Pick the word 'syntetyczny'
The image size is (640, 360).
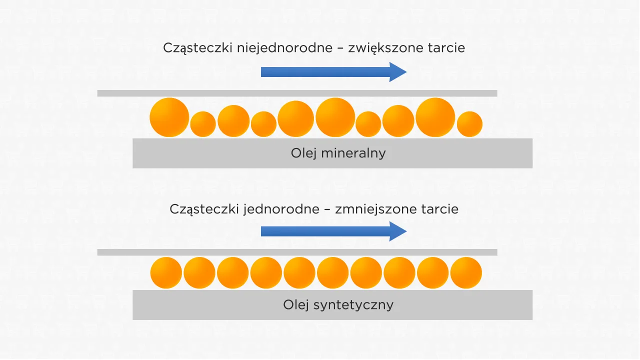click(x=353, y=304)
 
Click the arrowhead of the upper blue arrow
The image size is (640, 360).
click(x=398, y=72)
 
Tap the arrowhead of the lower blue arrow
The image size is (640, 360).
click(x=398, y=231)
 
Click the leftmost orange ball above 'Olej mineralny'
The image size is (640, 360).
click(x=169, y=117)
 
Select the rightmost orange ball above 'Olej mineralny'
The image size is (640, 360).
click(x=469, y=124)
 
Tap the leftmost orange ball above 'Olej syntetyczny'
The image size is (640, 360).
click(x=166, y=273)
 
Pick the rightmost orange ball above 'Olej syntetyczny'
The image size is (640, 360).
click(x=466, y=273)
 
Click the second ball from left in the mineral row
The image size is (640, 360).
click(x=203, y=124)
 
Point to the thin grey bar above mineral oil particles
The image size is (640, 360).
click(x=297, y=93)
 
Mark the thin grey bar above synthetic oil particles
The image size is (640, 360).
click(x=297, y=252)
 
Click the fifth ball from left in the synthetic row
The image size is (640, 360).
click(x=299, y=273)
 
